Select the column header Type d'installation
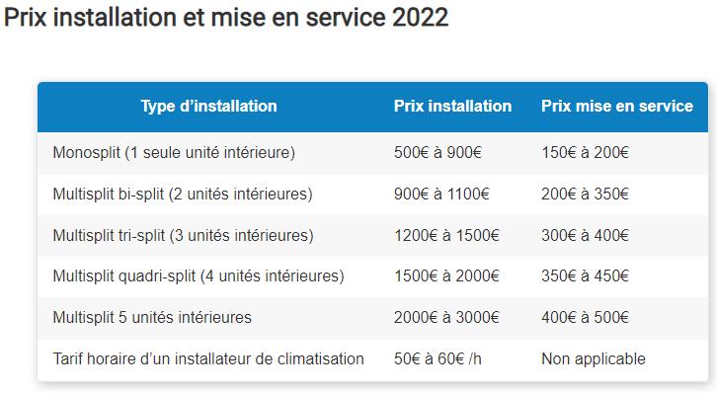[x=208, y=106]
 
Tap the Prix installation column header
[x=452, y=106]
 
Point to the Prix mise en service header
[x=617, y=106]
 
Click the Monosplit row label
[x=174, y=153]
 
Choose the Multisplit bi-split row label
[x=183, y=195]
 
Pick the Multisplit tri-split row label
[x=183, y=235]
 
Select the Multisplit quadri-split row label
[x=199, y=276]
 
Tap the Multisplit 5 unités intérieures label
[x=152, y=317]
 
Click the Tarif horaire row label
[x=208, y=358]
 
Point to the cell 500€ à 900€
[x=438, y=153]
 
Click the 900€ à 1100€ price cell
[x=441, y=195]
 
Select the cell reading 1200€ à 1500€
[x=446, y=235]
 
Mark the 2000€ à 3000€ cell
[x=446, y=317]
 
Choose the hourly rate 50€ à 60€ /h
[x=438, y=358]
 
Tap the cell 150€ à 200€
[x=585, y=153]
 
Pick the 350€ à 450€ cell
[x=585, y=276]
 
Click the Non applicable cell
[x=594, y=358]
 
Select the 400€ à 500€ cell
[x=585, y=317]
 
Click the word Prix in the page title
[x=25, y=18]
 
